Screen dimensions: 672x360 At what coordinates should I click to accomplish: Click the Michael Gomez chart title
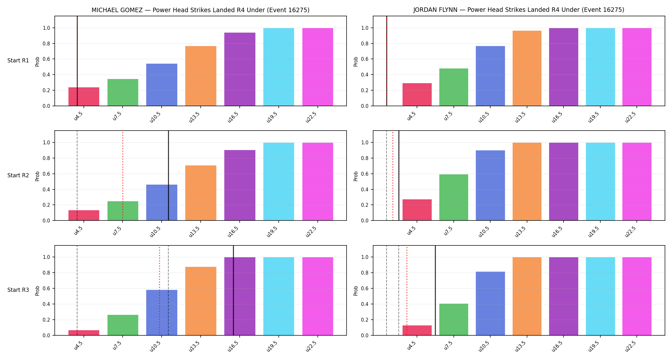pos(200,10)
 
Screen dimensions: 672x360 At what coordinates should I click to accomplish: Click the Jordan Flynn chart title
pos(519,10)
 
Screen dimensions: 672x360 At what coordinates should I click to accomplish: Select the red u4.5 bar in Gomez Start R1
pos(84,97)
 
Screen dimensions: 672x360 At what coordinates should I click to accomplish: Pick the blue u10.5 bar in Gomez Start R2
pos(162,203)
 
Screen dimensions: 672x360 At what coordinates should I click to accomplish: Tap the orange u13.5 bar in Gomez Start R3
pos(201,301)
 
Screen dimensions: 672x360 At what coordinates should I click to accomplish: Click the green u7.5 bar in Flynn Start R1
pos(454,87)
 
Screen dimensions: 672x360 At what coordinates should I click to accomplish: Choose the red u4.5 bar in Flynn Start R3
pos(417,330)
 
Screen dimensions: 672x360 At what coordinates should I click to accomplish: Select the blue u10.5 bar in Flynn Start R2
pos(490,185)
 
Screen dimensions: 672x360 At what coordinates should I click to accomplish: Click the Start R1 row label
pos(18,61)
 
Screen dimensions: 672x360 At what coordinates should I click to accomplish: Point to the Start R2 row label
pos(18,175)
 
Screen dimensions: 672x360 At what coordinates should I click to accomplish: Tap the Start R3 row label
pos(18,290)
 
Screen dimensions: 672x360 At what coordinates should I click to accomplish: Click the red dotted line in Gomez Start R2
pos(123,176)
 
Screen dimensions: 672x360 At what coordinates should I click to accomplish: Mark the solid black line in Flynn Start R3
pos(435,291)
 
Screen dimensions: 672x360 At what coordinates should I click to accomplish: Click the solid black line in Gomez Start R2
pos(169,176)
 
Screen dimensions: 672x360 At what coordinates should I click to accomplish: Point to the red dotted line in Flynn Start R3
pos(407,291)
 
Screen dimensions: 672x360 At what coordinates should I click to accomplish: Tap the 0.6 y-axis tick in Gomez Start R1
pos(46,59)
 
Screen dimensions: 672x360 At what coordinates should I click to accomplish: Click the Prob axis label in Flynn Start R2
pos(356,176)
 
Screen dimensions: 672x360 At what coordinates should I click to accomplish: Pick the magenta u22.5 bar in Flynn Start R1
pos(637,67)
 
